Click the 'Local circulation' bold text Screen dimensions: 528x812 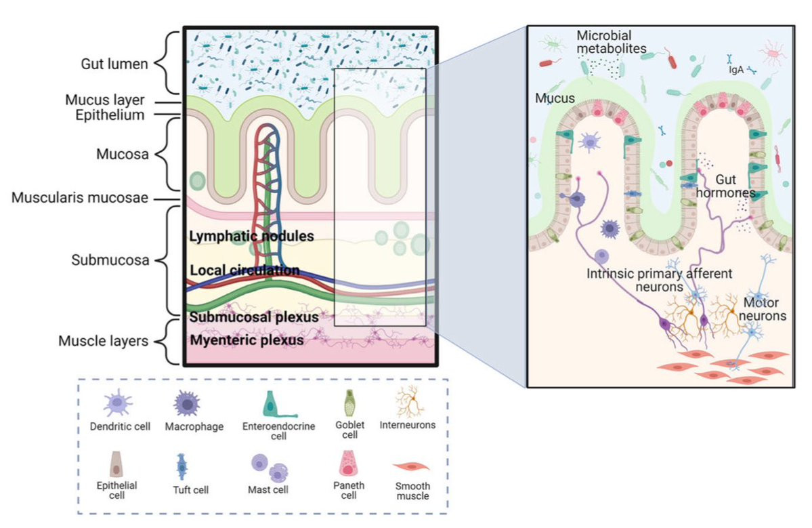244,270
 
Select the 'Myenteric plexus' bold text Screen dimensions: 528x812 247,340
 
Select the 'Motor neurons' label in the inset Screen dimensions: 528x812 765,309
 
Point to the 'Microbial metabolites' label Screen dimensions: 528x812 607,42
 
